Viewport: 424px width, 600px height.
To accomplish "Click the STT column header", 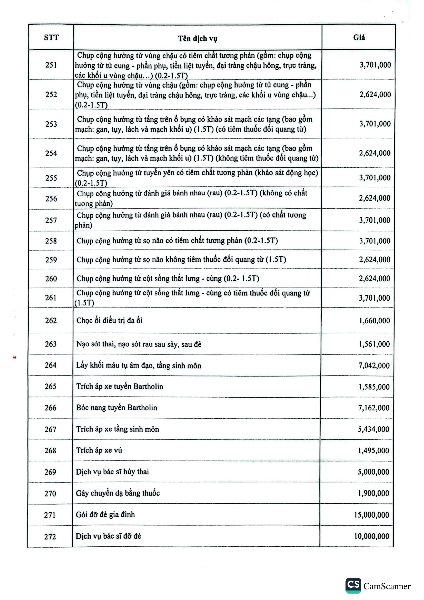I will point(51,37).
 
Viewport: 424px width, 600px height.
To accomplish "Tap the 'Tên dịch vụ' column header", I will point(198,38).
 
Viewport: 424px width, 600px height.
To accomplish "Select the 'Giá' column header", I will point(359,37).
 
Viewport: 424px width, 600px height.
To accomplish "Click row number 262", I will point(51,320).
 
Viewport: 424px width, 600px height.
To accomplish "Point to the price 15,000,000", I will point(372,515).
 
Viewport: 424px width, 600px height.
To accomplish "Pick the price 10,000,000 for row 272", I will point(372,536).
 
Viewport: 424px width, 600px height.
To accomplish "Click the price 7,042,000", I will point(374,365).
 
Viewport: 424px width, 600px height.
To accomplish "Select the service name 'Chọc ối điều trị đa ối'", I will point(110,320).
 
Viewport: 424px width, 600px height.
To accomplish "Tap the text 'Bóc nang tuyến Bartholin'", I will point(116,407).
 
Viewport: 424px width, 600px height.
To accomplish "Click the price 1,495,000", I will point(373,450).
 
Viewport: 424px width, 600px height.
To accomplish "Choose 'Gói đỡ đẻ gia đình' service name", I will point(105,515).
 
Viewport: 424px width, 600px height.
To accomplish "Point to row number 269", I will point(51,472).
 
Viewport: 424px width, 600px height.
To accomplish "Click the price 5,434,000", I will point(373,429).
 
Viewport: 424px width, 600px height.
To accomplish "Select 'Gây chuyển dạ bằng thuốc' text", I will point(118,493).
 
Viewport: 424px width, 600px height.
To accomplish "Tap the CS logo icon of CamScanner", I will point(353,585).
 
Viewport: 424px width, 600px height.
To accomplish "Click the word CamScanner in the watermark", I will point(387,586).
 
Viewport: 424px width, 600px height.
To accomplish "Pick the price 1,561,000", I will point(374,344).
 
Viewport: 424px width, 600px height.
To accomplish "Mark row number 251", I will point(51,65).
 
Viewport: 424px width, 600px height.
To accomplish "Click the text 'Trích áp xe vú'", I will point(99,450).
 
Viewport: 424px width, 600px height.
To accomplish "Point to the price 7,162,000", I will point(374,408).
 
